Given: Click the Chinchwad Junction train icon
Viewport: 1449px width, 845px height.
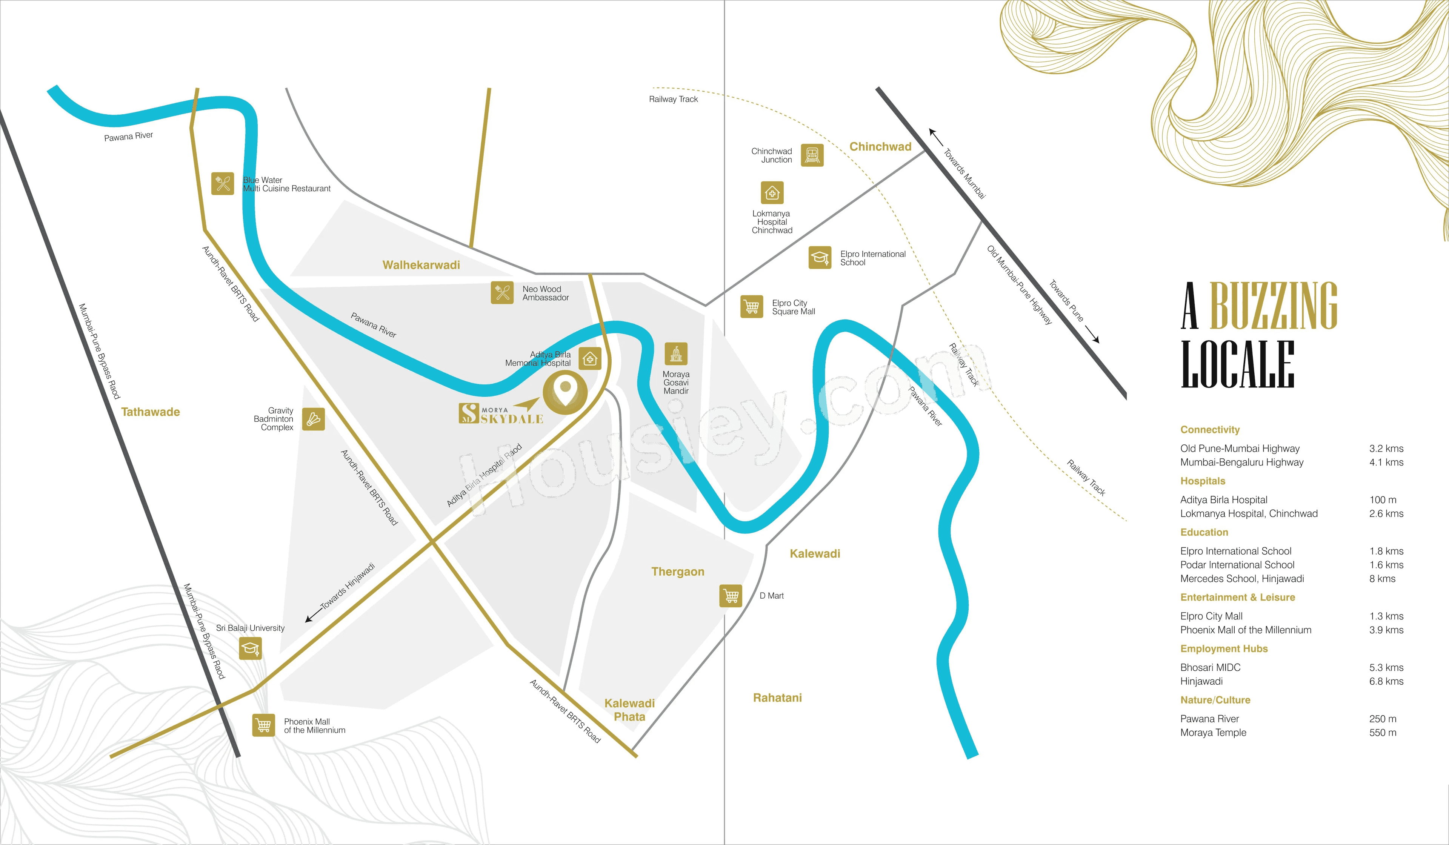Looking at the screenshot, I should tap(812, 155).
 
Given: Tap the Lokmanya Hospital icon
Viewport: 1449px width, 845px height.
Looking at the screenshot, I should tap(772, 192).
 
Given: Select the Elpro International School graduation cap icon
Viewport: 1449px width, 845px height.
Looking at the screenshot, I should tap(819, 258).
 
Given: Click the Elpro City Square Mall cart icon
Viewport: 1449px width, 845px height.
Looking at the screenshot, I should tap(752, 306).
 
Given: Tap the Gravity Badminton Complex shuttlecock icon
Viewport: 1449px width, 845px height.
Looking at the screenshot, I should tap(313, 419).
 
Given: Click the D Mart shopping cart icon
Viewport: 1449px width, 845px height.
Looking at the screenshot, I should tap(731, 596).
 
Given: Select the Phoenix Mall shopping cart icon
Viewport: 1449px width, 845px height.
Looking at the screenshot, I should tap(263, 725).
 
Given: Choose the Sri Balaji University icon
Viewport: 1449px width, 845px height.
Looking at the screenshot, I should tap(250, 648).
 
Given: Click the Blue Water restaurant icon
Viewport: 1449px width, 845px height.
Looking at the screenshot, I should tap(223, 183).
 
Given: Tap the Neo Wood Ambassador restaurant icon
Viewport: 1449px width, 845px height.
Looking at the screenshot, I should tap(502, 293).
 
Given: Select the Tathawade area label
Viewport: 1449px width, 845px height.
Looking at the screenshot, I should tap(151, 412).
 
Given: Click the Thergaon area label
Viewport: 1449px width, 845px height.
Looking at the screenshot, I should tap(677, 572).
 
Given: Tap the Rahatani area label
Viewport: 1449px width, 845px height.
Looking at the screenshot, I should tap(777, 697).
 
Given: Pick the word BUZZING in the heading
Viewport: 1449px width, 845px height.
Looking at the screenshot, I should tap(1274, 306).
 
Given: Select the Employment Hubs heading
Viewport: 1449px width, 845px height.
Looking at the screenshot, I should tap(1224, 648).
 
